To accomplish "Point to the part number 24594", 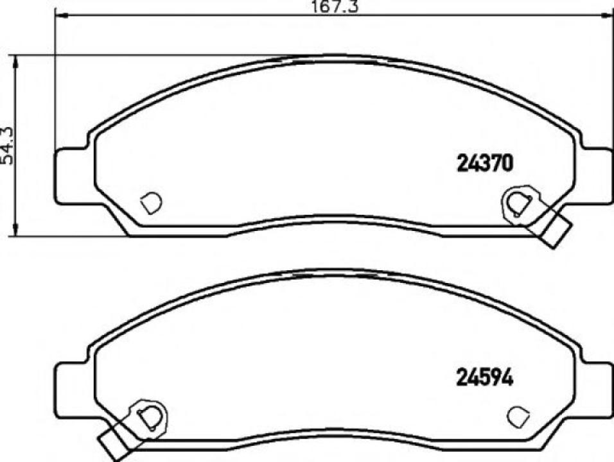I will pos(485,379).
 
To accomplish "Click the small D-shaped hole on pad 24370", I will pos(151,203).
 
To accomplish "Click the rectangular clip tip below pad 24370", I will pos(556,232).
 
